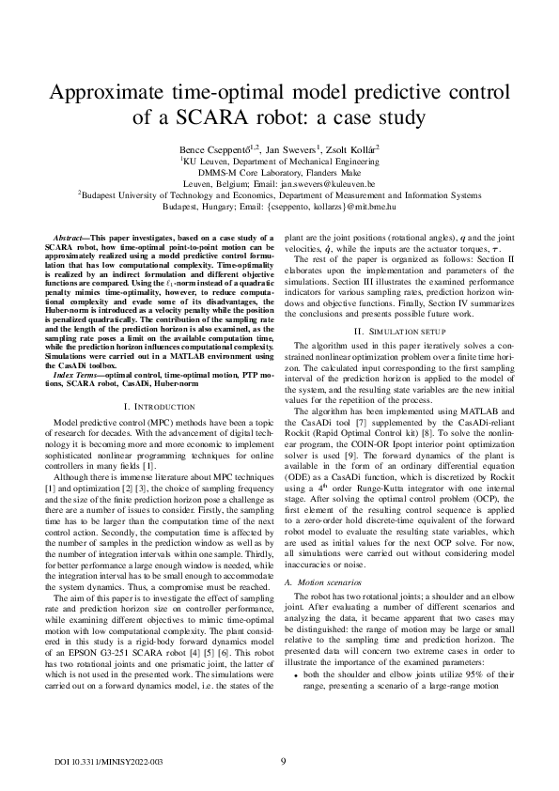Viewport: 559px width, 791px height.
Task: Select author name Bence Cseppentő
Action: [213, 149]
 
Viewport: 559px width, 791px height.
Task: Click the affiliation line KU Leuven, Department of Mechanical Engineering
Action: [279, 162]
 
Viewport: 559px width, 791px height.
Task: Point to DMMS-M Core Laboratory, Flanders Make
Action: [279, 173]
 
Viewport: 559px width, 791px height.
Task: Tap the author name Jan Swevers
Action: [290, 149]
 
